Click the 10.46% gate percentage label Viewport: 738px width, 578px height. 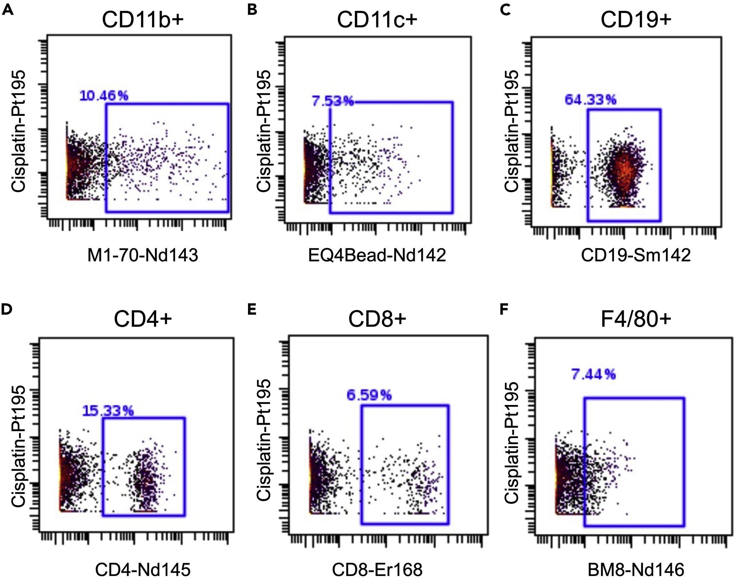pyautogui.click(x=104, y=96)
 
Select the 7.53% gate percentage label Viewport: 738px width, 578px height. pyautogui.click(x=332, y=101)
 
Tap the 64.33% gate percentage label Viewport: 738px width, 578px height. pyautogui.click(x=590, y=100)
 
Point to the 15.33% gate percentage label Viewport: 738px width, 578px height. pyautogui.click(x=108, y=411)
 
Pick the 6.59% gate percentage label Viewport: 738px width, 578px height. pyautogui.click(x=369, y=395)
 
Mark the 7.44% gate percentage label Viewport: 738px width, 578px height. pyautogui.click(x=593, y=375)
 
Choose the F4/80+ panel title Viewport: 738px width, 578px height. pyautogui.click(x=636, y=320)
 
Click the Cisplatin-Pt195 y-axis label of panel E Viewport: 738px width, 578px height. pyautogui.click(x=264, y=440)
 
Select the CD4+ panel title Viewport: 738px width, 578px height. pyautogui.click(x=143, y=320)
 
